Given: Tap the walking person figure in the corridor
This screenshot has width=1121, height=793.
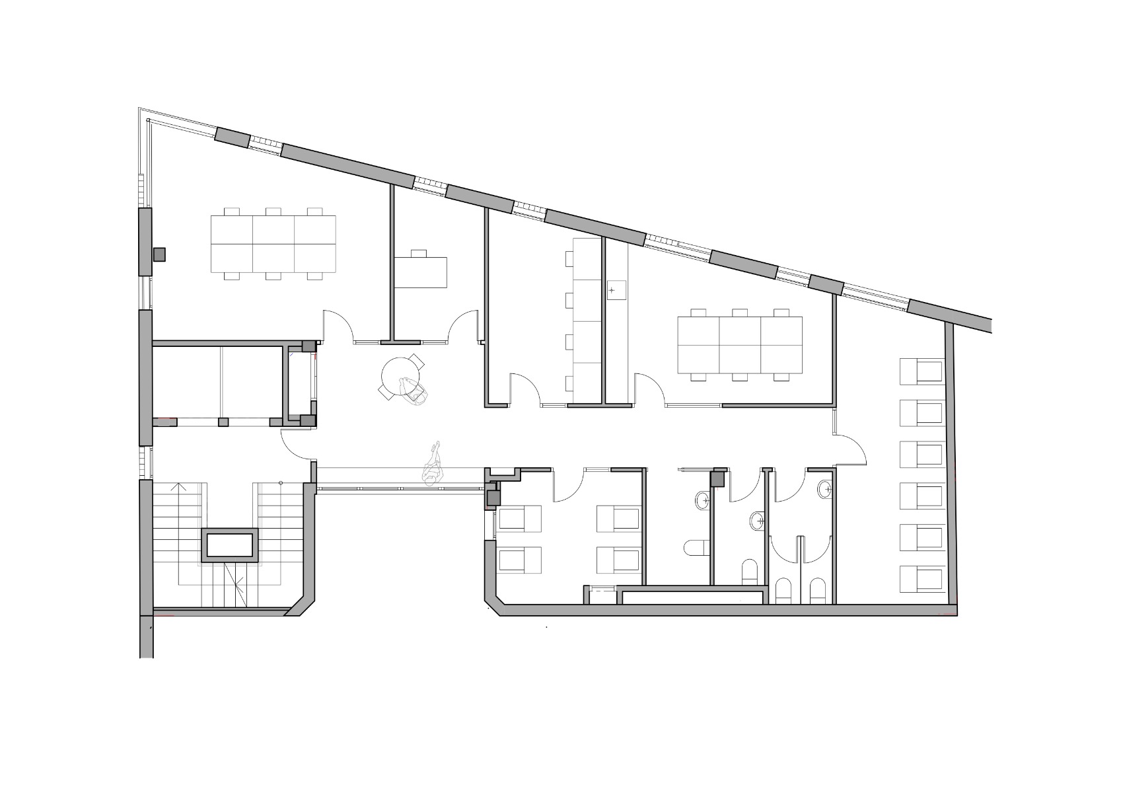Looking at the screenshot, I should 433,465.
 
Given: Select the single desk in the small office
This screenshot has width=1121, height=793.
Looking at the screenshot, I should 421,272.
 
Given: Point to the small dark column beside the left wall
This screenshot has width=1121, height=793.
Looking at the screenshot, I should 159,254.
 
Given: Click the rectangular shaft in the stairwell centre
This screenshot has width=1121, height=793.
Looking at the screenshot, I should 230,545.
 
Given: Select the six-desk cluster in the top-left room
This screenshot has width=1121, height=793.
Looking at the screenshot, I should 273,244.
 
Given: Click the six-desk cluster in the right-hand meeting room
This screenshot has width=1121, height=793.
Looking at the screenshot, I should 740,344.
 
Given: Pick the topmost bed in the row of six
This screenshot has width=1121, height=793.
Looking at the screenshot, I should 921,371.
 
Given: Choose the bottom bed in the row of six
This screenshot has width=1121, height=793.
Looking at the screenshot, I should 921,580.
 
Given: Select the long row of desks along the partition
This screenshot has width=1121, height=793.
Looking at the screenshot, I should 585,321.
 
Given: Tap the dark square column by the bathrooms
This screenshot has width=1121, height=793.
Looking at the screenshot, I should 718,477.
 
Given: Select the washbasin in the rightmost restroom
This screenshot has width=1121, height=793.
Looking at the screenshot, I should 824,490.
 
